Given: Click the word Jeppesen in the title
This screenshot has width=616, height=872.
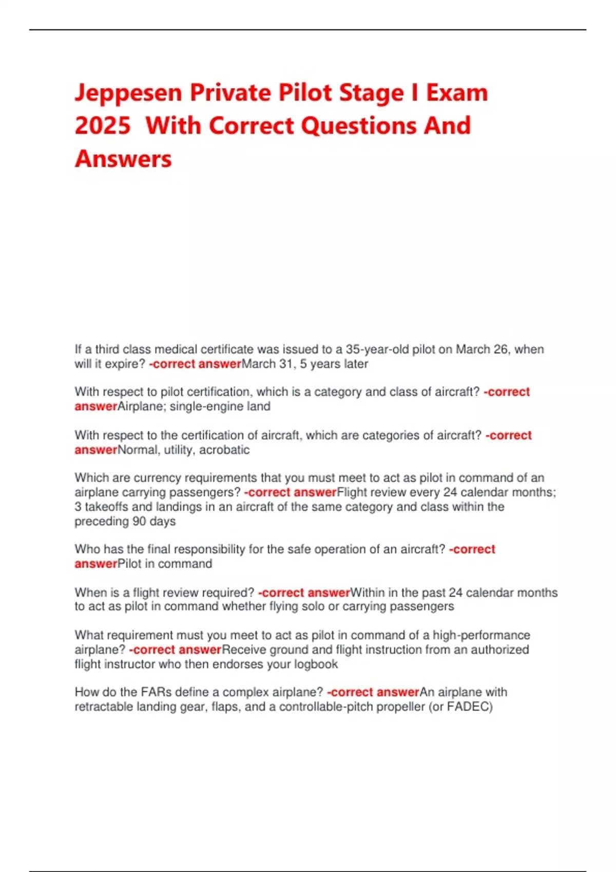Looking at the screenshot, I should click(128, 93).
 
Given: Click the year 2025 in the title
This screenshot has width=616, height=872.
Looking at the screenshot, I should click(103, 126).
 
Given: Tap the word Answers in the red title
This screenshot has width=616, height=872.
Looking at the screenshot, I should click(123, 158).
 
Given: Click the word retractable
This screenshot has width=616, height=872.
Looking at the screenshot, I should click(104, 707).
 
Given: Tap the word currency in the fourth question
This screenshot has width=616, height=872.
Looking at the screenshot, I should click(157, 478).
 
